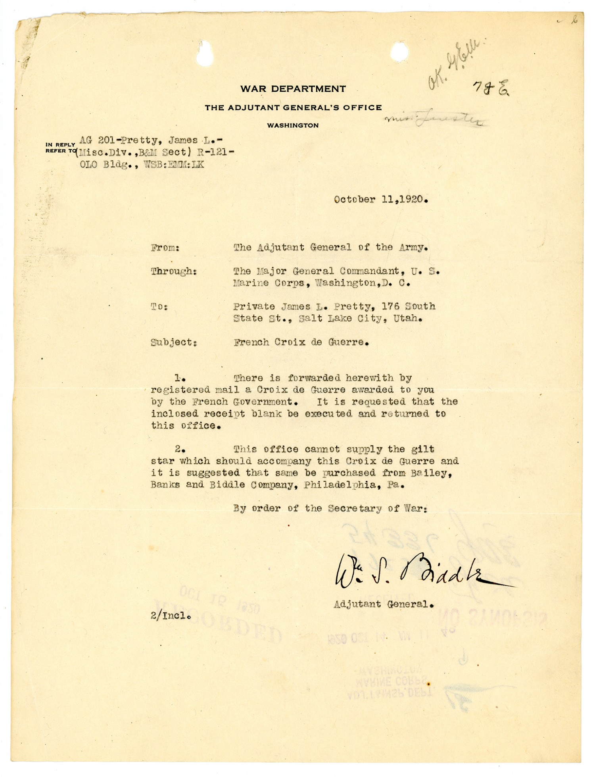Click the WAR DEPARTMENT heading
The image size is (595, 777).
(x=293, y=89)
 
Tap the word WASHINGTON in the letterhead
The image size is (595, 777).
(x=292, y=125)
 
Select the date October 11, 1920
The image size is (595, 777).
(x=380, y=200)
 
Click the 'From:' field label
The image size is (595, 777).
(x=165, y=248)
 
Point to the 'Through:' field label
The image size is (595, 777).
(x=174, y=271)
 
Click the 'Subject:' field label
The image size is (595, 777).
(x=174, y=342)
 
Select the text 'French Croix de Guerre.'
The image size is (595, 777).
(x=301, y=342)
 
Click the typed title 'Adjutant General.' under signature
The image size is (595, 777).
(x=383, y=604)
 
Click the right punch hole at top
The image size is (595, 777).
(x=399, y=52)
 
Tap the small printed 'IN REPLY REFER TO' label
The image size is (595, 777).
(x=60, y=148)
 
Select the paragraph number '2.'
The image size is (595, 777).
(x=180, y=449)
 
